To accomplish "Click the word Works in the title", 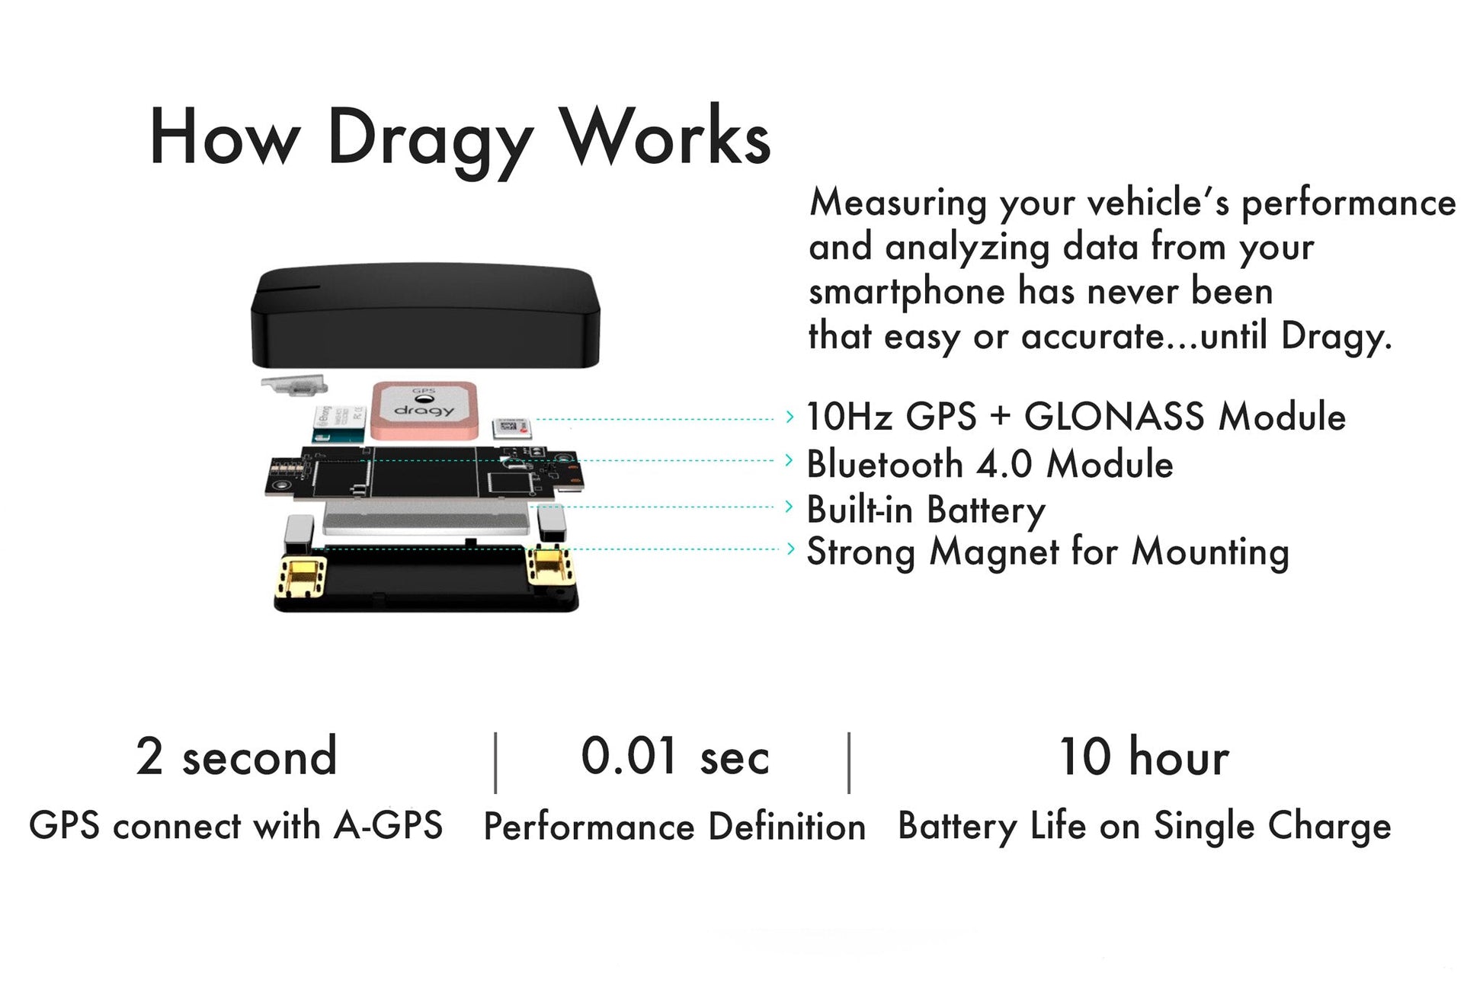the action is [x=665, y=135].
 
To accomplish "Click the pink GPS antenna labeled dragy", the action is [x=424, y=410].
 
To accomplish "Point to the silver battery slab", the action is [x=427, y=518].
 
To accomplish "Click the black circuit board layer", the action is [x=425, y=472].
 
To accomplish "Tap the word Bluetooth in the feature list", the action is [x=885, y=464].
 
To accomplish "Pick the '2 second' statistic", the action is [x=237, y=757].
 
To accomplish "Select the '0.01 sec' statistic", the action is [x=675, y=757].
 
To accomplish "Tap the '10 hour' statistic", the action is [x=1144, y=757].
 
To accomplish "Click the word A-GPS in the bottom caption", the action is [x=389, y=825].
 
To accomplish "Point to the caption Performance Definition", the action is [x=674, y=826].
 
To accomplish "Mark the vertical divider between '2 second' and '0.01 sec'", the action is [x=495, y=763].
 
